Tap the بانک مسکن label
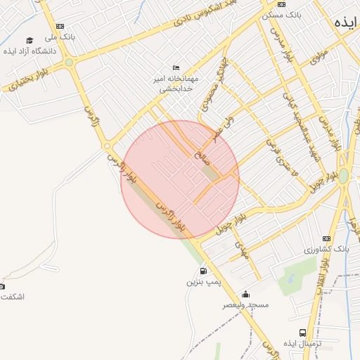click(x=281, y=14)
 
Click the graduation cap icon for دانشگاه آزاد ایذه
click(x=29, y=40)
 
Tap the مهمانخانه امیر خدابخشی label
click(x=173, y=84)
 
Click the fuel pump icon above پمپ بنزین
click(x=203, y=271)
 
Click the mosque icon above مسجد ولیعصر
click(x=245, y=294)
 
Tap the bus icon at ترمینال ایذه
click(x=302, y=333)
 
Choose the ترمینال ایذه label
click(x=302, y=343)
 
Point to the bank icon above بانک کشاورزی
click(x=326, y=238)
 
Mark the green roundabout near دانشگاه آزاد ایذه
click(x=69, y=63)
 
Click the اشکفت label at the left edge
click(x=13, y=297)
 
